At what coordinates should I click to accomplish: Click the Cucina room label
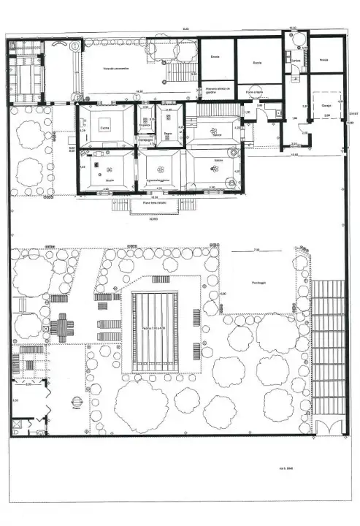pyautogui.click(x=104, y=128)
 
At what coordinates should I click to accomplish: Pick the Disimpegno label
pyautogui.click(x=146, y=139)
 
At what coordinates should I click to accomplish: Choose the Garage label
pyautogui.click(x=324, y=105)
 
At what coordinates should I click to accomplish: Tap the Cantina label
pyautogui.click(x=296, y=61)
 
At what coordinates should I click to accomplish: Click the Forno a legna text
pyautogui.click(x=254, y=93)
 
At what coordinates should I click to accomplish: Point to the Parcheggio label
pyautogui.click(x=258, y=282)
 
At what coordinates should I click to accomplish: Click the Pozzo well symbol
pyautogui.click(x=77, y=401)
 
